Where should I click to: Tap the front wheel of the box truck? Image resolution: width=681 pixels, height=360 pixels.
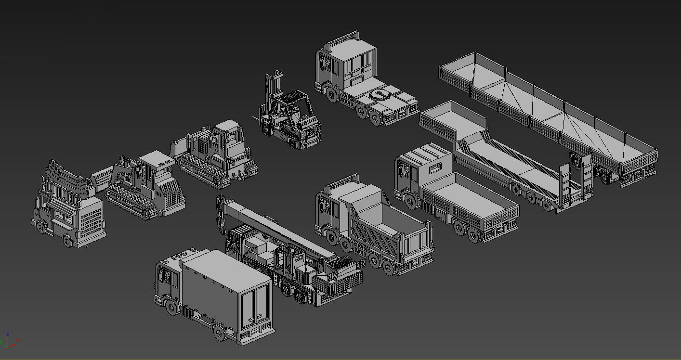pyautogui.click(x=171, y=308)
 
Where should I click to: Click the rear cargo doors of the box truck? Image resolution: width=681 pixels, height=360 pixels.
pyautogui.click(x=255, y=306)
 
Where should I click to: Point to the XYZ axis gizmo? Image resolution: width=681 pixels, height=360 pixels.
pyautogui.click(x=8, y=340)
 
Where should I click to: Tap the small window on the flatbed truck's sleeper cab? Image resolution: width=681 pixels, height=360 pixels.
pyautogui.click(x=435, y=168)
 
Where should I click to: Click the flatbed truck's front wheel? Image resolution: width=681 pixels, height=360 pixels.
pyautogui.click(x=411, y=201)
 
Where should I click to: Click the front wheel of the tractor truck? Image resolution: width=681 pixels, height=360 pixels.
pyautogui.click(x=331, y=94)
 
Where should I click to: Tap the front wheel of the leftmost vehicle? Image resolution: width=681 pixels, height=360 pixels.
pyautogui.click(x=43, y=226)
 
